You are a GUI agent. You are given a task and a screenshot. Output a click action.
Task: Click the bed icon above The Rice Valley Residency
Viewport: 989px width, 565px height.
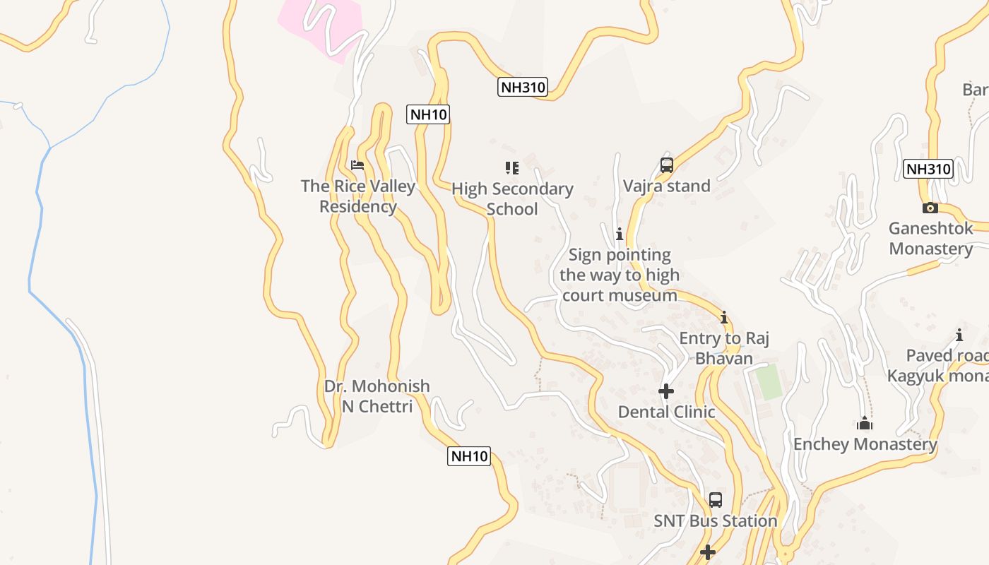[357, 165]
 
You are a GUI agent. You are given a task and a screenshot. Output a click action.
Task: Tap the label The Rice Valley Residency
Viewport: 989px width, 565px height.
[358, 196]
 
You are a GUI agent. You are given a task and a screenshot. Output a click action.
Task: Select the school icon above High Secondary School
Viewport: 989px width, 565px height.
[512, 168]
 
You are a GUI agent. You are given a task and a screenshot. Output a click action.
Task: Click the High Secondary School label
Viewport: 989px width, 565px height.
[512, 199]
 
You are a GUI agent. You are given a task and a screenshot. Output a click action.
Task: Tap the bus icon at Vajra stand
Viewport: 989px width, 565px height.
[666, 165]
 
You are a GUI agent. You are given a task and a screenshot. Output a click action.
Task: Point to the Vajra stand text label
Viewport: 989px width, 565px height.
[666, 186]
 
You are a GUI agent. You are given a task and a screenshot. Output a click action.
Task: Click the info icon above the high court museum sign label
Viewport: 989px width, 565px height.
[620, 234]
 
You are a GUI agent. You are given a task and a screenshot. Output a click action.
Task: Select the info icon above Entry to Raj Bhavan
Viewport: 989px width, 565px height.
[723, 317]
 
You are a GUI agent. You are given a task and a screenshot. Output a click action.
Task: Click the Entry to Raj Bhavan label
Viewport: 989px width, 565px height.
[724, 348]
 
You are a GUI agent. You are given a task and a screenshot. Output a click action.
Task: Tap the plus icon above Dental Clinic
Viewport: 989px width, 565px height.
[665, 391]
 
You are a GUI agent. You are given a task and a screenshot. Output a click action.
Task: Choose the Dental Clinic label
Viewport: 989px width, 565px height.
[666, 412]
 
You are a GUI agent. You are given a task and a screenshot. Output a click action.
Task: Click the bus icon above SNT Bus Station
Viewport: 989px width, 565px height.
[715, 500]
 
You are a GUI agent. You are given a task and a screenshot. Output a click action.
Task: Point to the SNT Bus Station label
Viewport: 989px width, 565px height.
[715, 521]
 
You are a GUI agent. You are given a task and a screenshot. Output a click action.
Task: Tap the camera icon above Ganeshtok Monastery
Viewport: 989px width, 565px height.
[930, 208]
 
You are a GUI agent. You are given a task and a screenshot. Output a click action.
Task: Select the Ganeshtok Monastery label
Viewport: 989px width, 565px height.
[931, 239]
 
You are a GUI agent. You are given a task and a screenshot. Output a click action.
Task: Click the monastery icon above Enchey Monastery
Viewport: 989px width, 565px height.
[865, 424]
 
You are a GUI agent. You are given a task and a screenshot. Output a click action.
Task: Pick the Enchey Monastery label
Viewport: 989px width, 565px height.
[865, 444]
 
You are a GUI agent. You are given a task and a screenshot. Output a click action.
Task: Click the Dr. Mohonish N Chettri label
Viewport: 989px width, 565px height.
[377, 396]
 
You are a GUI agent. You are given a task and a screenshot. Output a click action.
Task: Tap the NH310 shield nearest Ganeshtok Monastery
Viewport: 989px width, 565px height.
[928, 169]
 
